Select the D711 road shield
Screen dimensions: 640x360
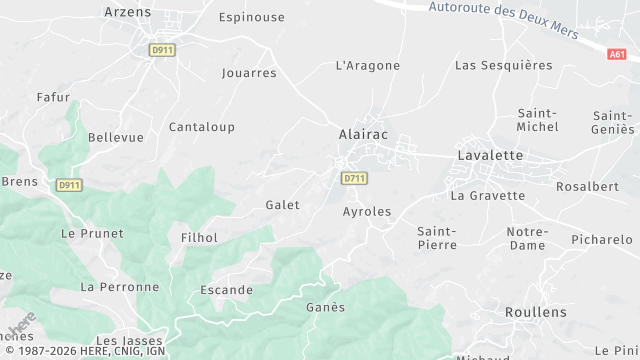[354, 178]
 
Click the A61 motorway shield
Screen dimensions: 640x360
[617, 54]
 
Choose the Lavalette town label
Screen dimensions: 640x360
[490, 155]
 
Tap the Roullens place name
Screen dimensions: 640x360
[535, 312]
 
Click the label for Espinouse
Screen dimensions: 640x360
[251, 18]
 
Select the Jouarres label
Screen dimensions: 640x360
[249, 73]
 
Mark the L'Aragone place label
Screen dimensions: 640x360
[368, 66]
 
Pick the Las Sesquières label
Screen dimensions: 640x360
[503, 66]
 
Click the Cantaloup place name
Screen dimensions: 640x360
[201, 127]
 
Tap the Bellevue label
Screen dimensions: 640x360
[116, 137]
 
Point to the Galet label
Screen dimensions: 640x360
[282, 205]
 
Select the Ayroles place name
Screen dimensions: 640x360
[367, 212]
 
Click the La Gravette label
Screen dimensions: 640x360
[487, 196]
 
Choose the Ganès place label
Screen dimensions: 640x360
[325, 307]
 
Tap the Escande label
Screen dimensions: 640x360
[227, 290]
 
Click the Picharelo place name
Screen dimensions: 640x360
[602, 240]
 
